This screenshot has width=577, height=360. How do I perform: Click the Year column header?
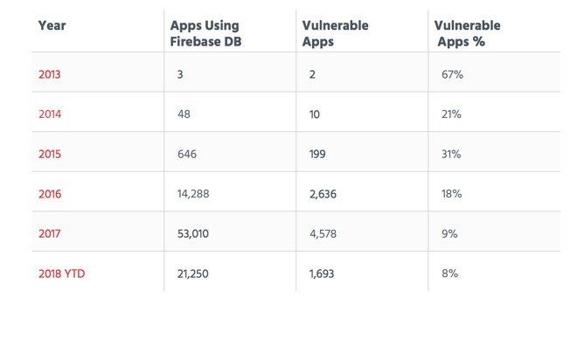[52, 25]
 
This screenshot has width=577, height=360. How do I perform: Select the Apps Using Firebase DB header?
[205, 33]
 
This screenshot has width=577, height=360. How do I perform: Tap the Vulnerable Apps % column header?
[467, 33]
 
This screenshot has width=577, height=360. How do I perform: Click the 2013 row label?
[50, 75]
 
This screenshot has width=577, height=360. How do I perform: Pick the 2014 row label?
[50, 114]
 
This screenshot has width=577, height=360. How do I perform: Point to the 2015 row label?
[50, 154]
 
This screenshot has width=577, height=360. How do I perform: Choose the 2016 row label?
[50, 194]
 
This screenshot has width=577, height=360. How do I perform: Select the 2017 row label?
[50, 233]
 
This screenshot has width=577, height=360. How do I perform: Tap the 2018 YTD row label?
[61, 273]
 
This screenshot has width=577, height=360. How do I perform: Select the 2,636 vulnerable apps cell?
[322, 194]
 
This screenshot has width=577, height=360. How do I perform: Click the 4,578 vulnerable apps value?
[323, 233]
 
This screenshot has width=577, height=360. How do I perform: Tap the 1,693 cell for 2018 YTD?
[322, 273]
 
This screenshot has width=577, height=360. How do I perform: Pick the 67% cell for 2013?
[451, 75]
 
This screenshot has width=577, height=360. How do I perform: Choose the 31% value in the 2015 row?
[451, 154]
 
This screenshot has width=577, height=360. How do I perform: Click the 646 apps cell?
[186, 154]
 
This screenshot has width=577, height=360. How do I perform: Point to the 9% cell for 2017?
[449, 233]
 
